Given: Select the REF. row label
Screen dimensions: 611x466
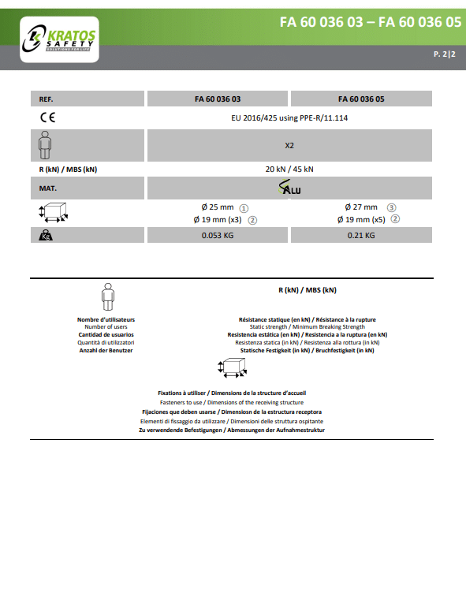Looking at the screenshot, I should [47, 99].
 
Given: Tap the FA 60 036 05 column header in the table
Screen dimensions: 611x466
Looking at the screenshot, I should [361, 99].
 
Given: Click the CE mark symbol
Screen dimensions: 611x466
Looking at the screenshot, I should [47, 117].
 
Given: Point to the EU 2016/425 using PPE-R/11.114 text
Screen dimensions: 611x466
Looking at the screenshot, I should [289, 117].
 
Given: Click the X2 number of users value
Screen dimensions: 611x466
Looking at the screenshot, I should [289, 146].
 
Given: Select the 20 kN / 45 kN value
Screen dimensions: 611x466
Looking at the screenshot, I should [289, 169].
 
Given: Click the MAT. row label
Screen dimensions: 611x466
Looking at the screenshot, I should [48, 188].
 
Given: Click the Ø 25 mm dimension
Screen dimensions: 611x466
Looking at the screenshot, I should [216, 207].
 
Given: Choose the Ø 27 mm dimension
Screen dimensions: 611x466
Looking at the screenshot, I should [361, 207].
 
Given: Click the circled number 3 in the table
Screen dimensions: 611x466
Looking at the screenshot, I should [391, 207].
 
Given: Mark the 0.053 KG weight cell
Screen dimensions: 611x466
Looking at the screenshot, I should [217, 235].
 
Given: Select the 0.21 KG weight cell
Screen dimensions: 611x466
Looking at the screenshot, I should [361, 235].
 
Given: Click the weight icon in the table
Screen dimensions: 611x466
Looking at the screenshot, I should [47, 235].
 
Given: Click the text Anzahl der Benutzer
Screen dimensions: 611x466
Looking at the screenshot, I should [106, 350].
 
